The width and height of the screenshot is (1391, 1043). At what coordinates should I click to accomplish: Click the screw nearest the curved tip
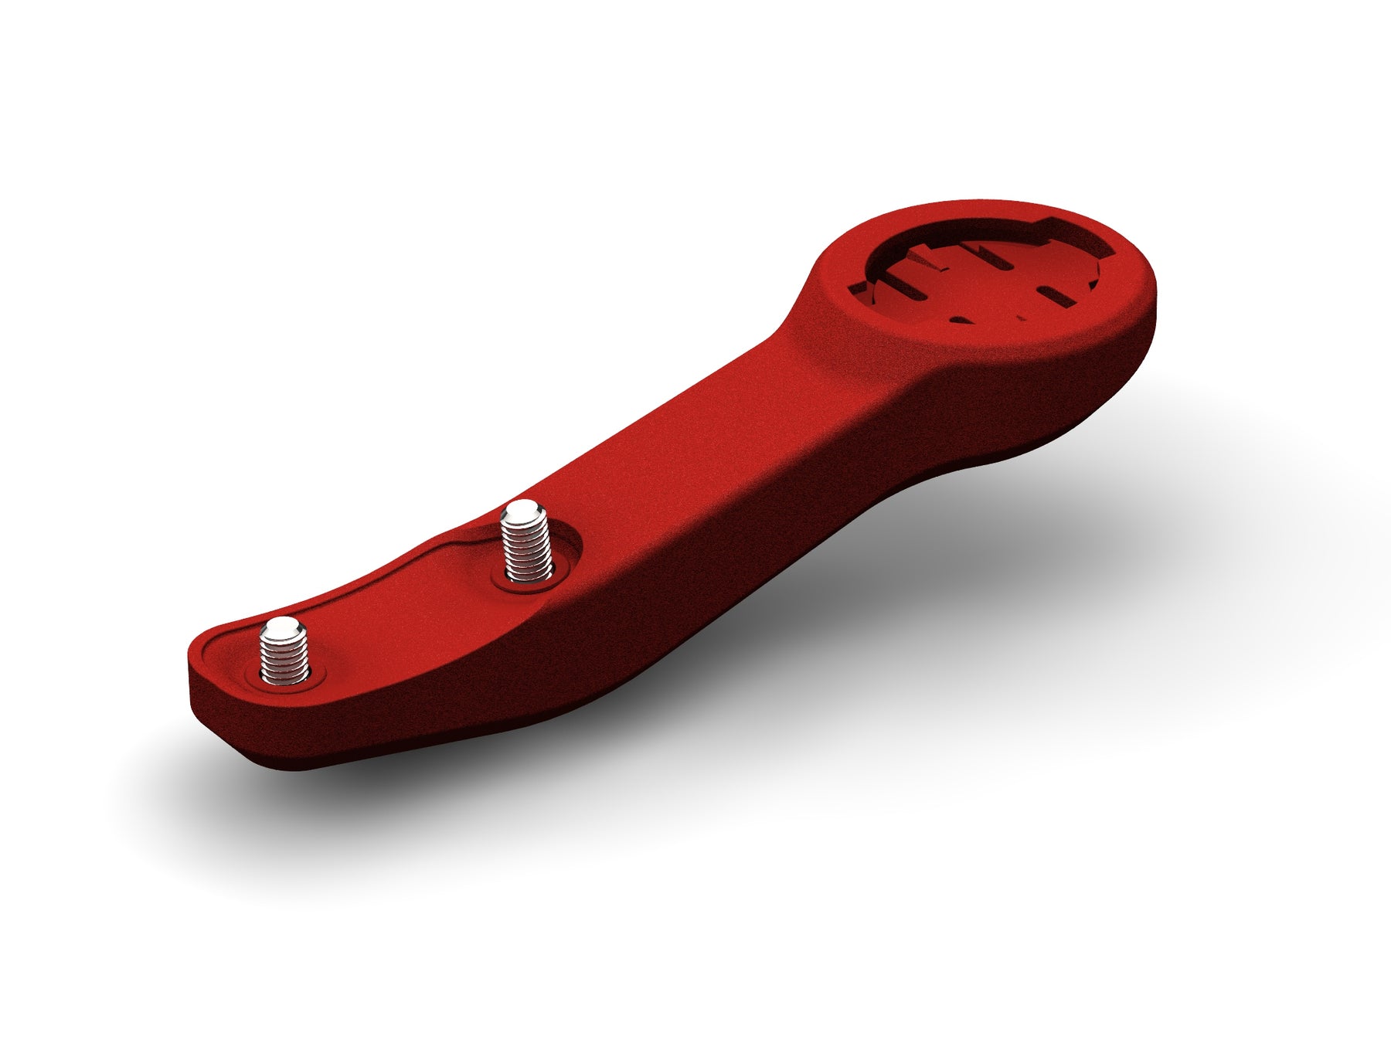(284, 654)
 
